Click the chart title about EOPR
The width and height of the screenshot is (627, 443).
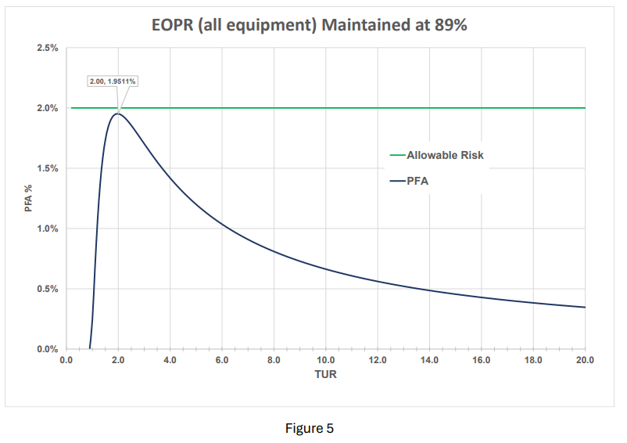tap(309, 24)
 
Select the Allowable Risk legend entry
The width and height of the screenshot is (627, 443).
tap(444, 155)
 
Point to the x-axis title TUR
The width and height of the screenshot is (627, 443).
tap(325, 374)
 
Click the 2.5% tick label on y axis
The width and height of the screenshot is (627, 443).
tap(48, 49)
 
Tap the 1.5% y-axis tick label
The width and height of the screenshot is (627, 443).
tap(48, 169)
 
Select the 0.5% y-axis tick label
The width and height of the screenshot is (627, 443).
tap(48, 290)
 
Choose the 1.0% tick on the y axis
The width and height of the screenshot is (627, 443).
tap(48, 229)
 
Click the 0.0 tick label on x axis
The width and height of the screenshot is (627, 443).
tap(66, 360)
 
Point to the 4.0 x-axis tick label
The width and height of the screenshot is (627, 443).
tap(170, 360)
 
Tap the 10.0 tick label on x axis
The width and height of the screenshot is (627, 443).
tap(325, 360)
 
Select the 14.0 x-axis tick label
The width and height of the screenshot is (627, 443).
tap(429, 360)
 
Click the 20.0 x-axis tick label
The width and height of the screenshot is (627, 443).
tap(585, 360)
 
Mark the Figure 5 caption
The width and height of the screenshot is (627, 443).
tap(310, 428)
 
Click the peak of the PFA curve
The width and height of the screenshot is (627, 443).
tap(118, 113)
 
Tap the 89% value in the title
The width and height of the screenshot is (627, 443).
tap(450, 24)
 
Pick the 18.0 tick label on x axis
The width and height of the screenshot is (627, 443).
tap(533, 360)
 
